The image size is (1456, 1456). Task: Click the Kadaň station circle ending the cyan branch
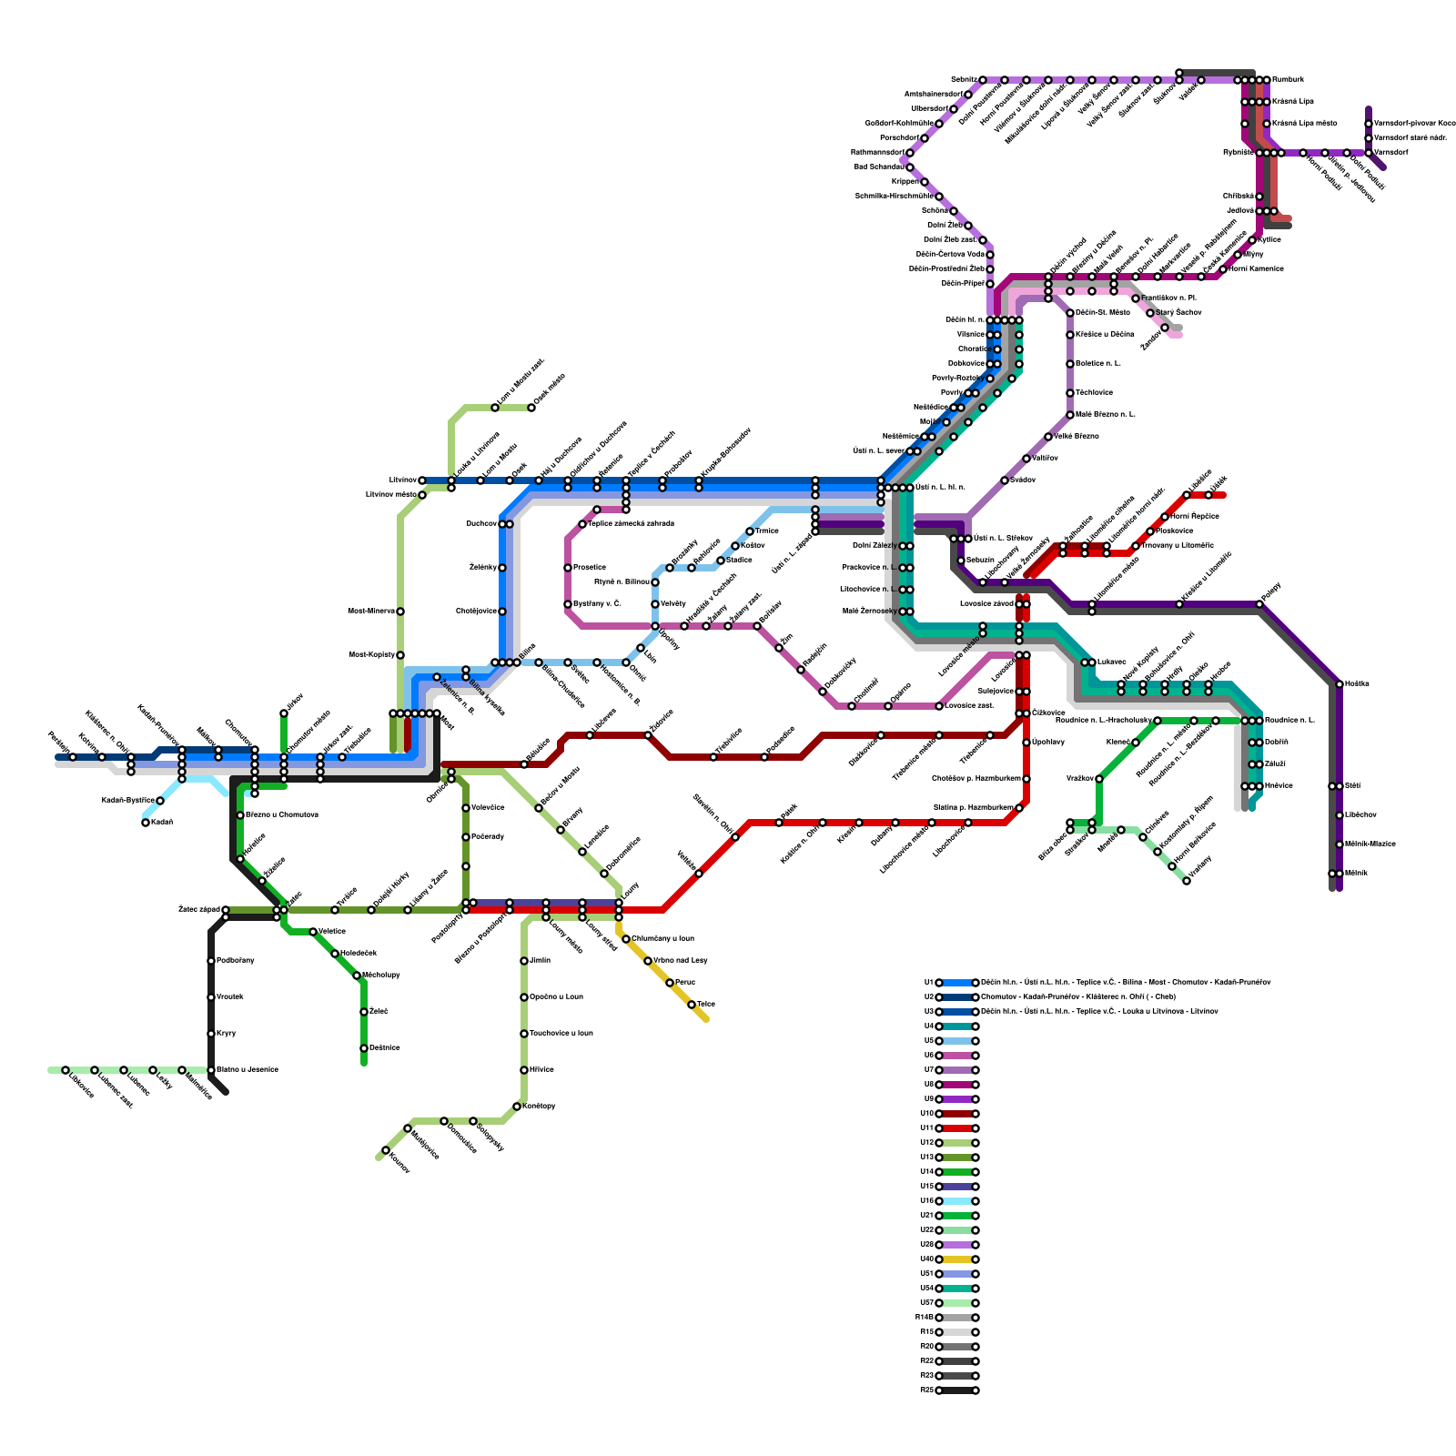tap(146, 823)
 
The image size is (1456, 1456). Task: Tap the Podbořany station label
tap(236, 961)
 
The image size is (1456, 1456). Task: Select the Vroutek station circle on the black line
tap(211, 997)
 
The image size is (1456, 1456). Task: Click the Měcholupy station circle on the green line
tap(357, 976)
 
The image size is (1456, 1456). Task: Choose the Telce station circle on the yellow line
tap(692, 1005)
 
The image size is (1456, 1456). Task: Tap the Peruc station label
tap(685, 983)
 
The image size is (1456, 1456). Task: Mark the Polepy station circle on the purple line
tap(1261, 604)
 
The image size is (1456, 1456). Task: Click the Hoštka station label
tap(1357, 684)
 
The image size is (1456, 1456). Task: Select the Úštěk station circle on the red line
tap(1208, 495)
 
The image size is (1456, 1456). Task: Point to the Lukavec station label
tap(1112, 662)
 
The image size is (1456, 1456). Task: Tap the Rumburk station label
tap(1288, 80)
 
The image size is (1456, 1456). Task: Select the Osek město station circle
tap(531, 408)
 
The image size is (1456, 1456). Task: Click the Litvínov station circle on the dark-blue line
tap(422, 480)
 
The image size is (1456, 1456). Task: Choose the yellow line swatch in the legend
tap(957, 1259)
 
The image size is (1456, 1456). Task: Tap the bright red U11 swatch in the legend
tap(957, 1128)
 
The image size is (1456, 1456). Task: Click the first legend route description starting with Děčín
tap(1125, 983)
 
